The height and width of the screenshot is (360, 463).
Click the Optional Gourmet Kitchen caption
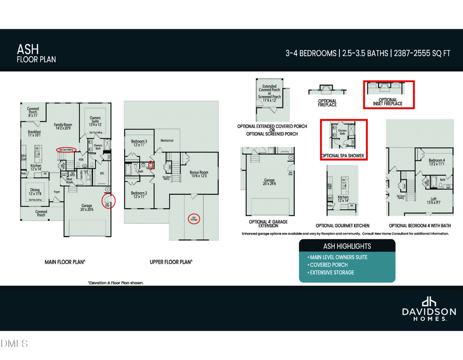342,226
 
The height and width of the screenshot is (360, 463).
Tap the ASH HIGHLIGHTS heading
347,246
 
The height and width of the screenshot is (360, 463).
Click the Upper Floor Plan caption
171,262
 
